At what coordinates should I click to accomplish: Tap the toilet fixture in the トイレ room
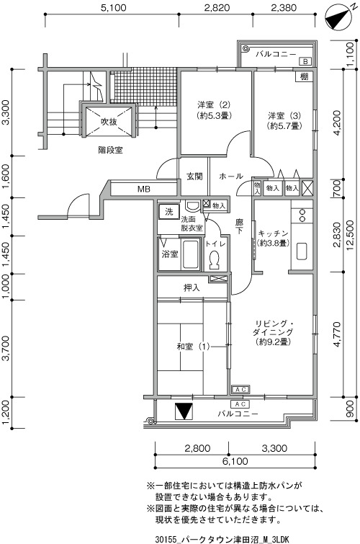click(215, 259)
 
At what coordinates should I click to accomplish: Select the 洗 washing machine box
click(168, 212)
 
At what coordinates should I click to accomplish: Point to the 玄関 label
click(194, 177)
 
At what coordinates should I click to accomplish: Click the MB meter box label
click(144, 189)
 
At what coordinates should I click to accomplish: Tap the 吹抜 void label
click(109, 122)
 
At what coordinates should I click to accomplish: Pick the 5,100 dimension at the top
click(114, 7)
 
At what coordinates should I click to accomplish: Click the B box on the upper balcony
click(305, 61)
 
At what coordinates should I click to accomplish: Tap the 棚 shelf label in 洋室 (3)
click(304, 76)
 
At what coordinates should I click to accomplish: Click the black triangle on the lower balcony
click(184, 411)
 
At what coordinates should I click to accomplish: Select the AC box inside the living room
click(240, 390)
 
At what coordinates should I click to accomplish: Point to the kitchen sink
click(302, 251)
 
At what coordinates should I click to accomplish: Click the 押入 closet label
click(192, 287)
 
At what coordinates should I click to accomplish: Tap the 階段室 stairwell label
click(110, 150)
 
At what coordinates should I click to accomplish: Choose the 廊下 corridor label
click(239, 226)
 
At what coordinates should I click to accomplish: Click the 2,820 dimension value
click(217, 7)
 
